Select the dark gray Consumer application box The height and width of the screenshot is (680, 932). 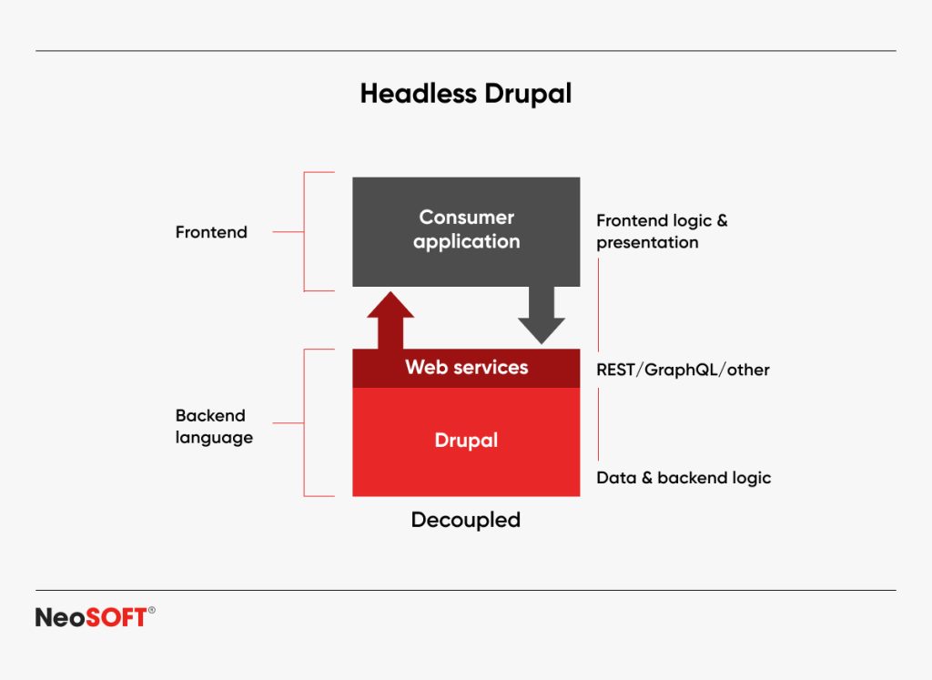click(x=466, y=264)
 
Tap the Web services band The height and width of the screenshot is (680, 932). click(x=466, y=368)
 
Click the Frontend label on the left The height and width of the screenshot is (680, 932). click(x=211, y=232)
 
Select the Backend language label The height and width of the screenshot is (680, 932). click(x=213, y=426)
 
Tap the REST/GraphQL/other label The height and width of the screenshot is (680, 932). click(x=683, y=370)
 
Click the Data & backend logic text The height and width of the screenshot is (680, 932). click(x=683, y=478)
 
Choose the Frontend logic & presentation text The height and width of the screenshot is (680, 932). click(x=661, y=231)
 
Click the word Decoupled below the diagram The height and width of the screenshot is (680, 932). click(x=466, y=520)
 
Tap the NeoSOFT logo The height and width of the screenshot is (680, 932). click(x=91, y=617)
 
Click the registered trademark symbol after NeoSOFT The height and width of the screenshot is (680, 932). click(x=151, y=611)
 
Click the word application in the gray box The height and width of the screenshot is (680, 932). click(x=466, y=242)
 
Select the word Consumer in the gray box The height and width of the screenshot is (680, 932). click(x=466, y=218)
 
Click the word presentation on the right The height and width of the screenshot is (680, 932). click(x=647, y=243)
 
